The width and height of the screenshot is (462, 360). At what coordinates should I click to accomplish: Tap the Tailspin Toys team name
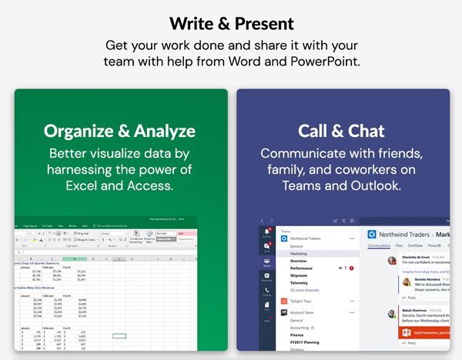tap(306, 302)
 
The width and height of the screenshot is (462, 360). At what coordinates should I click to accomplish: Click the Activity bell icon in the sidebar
tap(267, 232)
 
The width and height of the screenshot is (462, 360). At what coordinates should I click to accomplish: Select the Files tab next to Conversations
tap(399, 245)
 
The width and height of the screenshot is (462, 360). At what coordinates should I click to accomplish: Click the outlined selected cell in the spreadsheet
tap(119, 336)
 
